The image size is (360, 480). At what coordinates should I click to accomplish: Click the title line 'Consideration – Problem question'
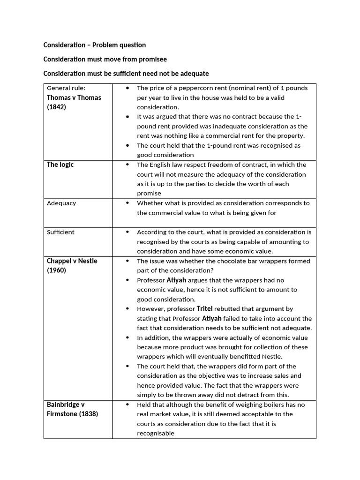95,45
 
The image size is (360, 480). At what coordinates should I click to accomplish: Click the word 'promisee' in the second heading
151,60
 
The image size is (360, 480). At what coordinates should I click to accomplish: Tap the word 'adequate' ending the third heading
193,74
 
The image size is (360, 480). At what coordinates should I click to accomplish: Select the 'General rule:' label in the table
66,88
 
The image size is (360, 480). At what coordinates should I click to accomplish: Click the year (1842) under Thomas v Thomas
57,107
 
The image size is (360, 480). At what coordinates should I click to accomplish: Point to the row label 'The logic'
60,165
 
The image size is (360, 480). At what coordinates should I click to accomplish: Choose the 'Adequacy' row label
61,203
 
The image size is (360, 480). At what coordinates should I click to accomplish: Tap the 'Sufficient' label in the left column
60,232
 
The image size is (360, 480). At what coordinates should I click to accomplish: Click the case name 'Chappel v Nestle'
72,261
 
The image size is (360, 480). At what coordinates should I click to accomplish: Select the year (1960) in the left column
57,270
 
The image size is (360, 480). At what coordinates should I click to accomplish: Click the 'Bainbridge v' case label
66,404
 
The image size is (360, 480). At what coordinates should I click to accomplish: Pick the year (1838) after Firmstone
88,414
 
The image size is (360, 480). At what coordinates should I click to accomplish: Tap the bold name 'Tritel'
204,309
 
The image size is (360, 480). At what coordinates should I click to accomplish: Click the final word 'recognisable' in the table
155,434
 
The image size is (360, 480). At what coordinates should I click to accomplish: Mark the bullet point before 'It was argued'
128,117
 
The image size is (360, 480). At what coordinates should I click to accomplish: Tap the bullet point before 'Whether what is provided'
128,203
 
